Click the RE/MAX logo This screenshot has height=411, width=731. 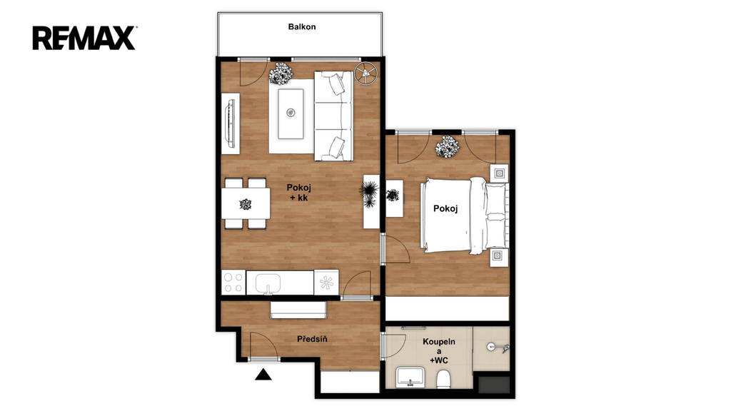(x=84, y=38)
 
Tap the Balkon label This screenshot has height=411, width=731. (x=302, y=26)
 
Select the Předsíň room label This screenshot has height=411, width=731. (x=312, y=339)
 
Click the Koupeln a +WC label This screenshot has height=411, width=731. (x=439, y=351)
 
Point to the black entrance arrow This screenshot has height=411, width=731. (x=263, y=374)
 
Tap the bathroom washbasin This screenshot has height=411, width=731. (x=410, y=377)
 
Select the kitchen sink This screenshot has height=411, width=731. (x=268, y=283)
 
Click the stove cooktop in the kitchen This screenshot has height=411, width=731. (x=233, y=283)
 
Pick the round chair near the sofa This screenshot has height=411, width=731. (x=366, y=74)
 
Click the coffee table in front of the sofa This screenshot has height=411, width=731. (x=291, y=113)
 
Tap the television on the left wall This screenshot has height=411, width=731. (x=230, y=123)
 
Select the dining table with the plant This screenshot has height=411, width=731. (x=246, y=203)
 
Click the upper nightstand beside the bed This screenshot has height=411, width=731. (x=499, y=173)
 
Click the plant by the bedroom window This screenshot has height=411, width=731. (x=447, y=147)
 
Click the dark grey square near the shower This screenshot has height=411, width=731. (x=495, y=385)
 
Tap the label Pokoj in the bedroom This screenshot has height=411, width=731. (x=445, y=208)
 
